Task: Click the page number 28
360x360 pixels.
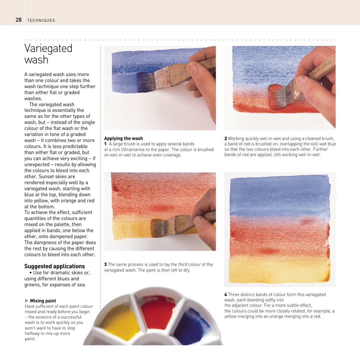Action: (18, 20)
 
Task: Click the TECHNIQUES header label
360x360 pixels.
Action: (41, 20)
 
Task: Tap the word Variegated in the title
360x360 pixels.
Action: (48, 48)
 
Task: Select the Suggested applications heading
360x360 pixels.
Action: (54, 266)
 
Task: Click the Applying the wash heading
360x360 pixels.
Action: (123, 138)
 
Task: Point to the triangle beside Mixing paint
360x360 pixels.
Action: (27, 301)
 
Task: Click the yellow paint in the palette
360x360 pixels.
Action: (120, 321)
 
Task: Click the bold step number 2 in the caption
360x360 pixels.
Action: (226, 138)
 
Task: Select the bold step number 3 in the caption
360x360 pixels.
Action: (105, 264)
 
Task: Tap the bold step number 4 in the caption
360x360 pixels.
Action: (226, 294)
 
